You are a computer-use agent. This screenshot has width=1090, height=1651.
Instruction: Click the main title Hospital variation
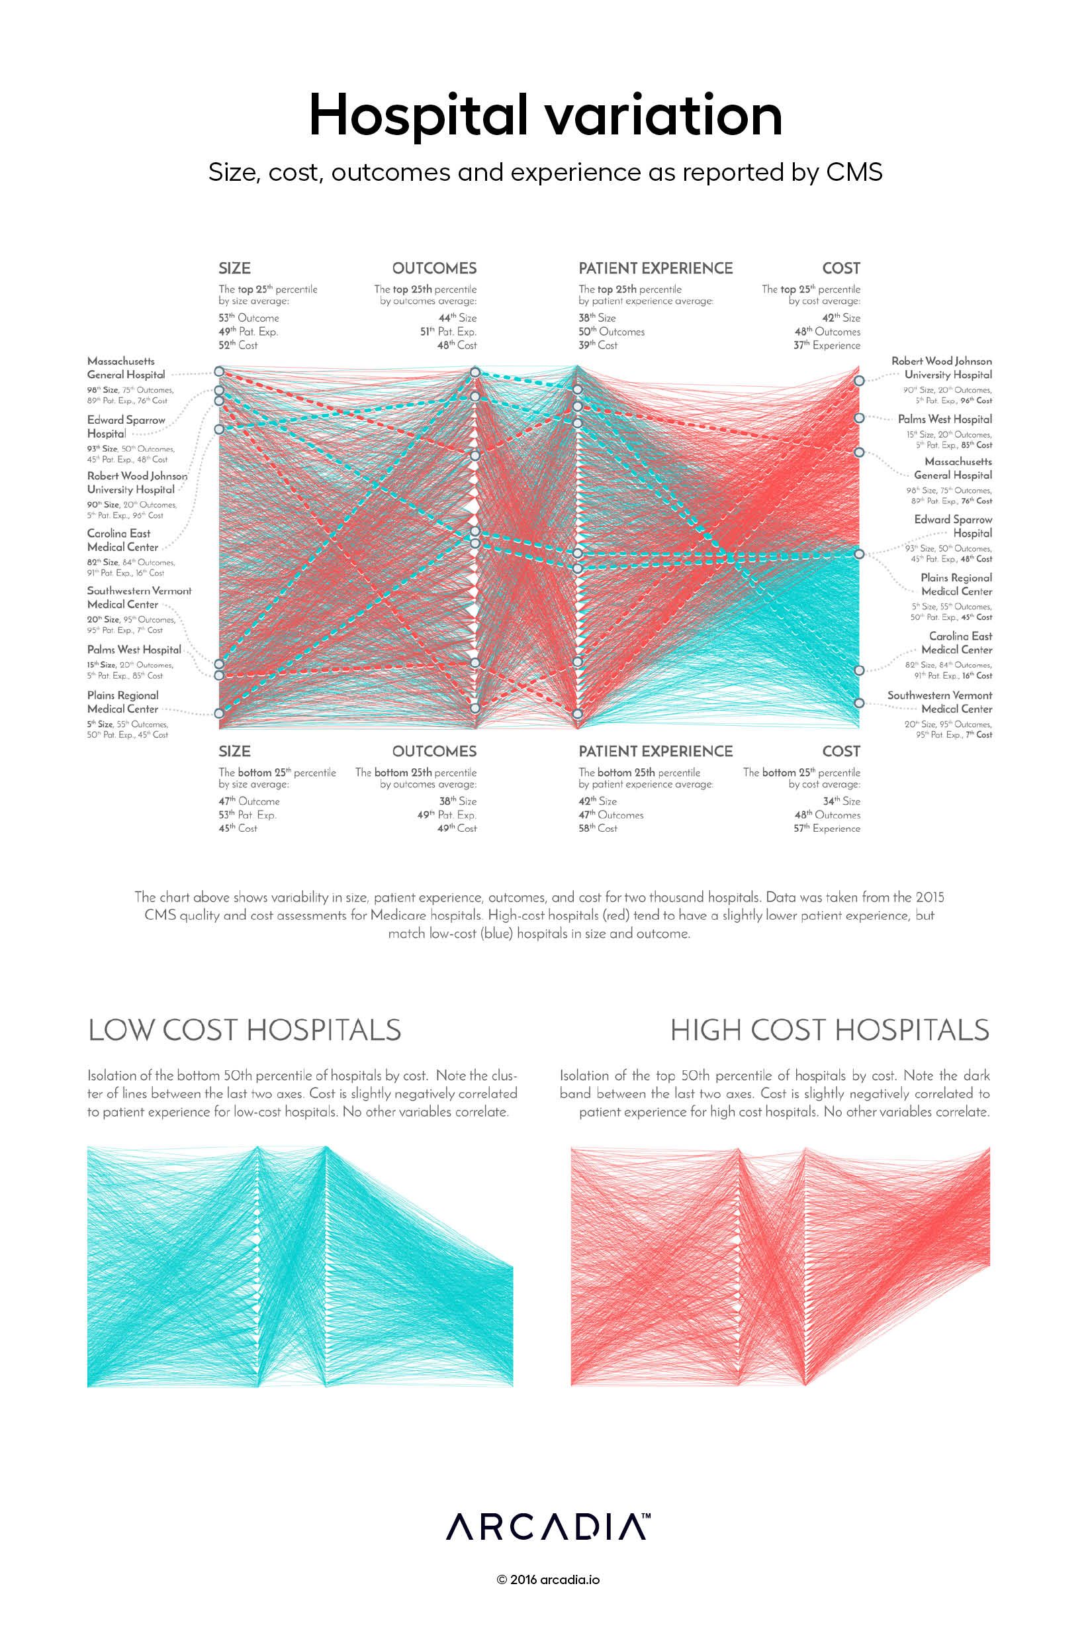coord(545,115)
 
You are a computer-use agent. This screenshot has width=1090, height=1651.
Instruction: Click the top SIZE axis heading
coord(234,268)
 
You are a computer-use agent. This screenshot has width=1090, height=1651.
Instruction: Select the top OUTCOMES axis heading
coord(433,268)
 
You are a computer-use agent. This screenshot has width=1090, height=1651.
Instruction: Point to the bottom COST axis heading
coord(840,751)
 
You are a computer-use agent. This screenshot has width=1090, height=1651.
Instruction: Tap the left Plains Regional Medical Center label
coord(123,702)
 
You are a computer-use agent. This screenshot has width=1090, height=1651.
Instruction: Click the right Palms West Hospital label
coord(944,419)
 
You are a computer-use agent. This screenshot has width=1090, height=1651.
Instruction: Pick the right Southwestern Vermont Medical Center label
coord(939,702)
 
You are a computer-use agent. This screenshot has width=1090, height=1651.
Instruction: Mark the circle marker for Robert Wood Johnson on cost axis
coord(859,380)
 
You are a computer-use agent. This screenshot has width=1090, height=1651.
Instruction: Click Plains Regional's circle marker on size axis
coord(219,713)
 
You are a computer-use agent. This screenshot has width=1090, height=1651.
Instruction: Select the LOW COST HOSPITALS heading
coord(245,1030)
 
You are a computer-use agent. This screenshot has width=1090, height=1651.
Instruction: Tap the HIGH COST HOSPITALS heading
coord(829,1030)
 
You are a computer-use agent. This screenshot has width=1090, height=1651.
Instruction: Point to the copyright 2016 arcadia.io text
coord(548,1579)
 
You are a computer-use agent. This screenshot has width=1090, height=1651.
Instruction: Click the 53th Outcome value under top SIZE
coord(248,318)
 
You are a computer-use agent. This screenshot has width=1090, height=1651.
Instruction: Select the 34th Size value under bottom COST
coord(841,801)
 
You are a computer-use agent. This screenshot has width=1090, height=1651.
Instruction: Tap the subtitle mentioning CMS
coord(545,172)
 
